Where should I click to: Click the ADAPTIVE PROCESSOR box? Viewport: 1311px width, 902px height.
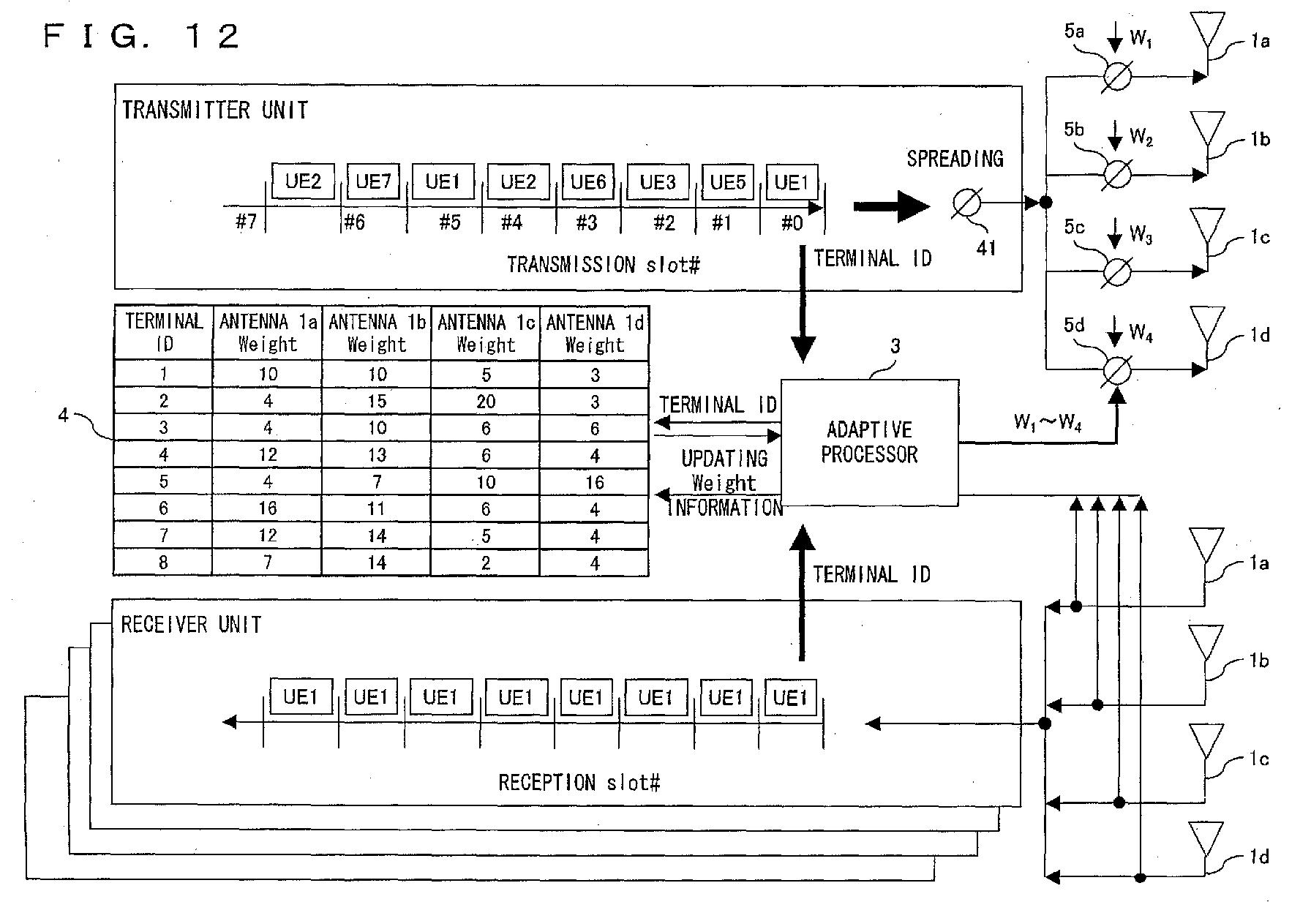coord(870,443)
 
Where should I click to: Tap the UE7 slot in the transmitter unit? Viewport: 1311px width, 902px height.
coord(373,181)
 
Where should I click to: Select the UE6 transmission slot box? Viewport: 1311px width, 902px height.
coord(588,181)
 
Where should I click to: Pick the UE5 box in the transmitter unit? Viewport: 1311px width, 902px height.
coord(728,181)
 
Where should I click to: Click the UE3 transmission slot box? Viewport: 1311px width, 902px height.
coord(658,181)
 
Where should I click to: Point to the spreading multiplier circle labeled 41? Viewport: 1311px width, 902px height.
coord(967,203)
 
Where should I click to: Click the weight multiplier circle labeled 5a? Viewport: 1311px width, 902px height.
coord(1116,76)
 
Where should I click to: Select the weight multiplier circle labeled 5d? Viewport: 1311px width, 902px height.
coord(1116,370)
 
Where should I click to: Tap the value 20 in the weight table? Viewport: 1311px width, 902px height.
coord(486,401)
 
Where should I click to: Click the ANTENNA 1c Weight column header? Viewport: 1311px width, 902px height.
coord(486,333)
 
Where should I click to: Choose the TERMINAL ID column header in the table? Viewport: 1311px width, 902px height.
coord(164,333)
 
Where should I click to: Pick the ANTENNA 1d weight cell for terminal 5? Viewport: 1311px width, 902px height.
coord(595,482)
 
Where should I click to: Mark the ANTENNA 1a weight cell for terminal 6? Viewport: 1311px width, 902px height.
coord(268,508)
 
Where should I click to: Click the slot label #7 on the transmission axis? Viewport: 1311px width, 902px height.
coord(247,222)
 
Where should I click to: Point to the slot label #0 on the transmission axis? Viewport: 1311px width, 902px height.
coord(792,222)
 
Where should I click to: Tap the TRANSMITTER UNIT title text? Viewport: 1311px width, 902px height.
coord(214,110)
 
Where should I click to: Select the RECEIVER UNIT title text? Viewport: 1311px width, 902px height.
coord(191,624)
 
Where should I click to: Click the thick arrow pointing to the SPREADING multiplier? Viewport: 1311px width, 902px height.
coord(892,206)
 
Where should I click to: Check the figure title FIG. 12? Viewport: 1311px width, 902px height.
coord(141,35)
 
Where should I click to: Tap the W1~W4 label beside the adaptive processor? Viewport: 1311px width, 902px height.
coord(1047,422)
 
